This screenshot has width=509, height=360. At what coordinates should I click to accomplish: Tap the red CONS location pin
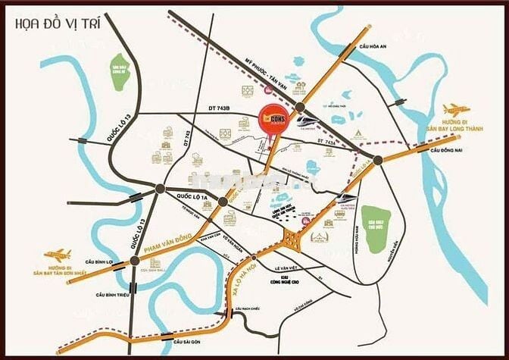(270, 120)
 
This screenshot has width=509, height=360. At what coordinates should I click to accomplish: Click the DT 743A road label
(326, 142)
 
